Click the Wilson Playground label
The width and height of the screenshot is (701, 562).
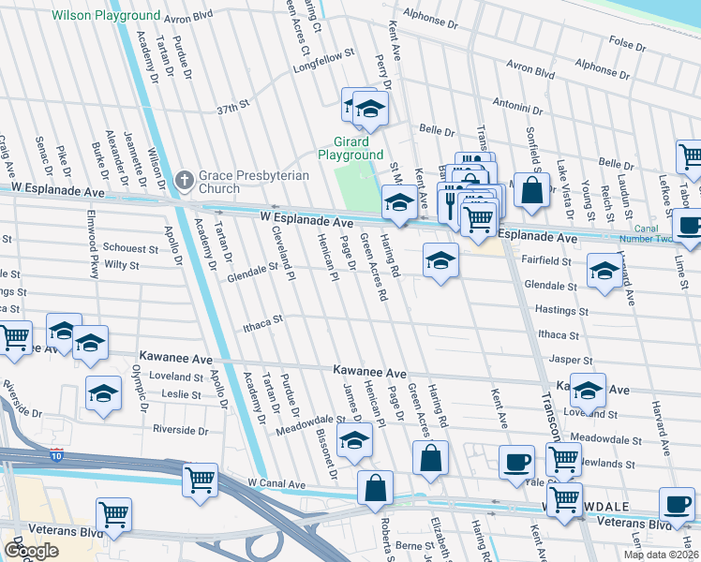pyautogui.click(x=106, y=16)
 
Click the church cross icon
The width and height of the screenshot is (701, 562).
pyautogui.click(x=186, y=180)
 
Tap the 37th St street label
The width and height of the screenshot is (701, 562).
pyautogui.click(x=233, y=109)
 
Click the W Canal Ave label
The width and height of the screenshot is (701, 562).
pyautogui.click(x=276, y=484)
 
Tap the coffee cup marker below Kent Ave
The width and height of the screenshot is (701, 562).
pyautogui.click(x=516, y=462)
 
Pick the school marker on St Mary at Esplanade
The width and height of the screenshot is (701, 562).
pyautogui.click(x=399, y=202)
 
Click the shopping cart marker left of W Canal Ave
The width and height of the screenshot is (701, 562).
pyautogui.click(x=201, y=481)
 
